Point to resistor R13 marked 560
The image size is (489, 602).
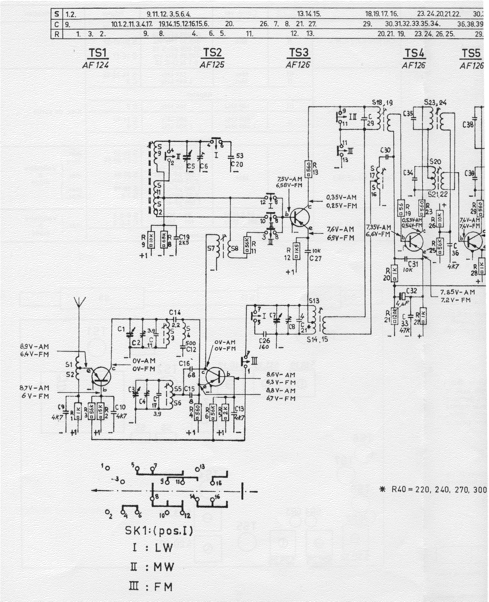tap(308, 168)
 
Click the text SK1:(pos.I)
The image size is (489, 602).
tap(159, 531)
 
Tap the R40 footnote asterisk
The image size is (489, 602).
tap(383, 490)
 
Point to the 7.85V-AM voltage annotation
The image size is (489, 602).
tap(457, 292)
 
